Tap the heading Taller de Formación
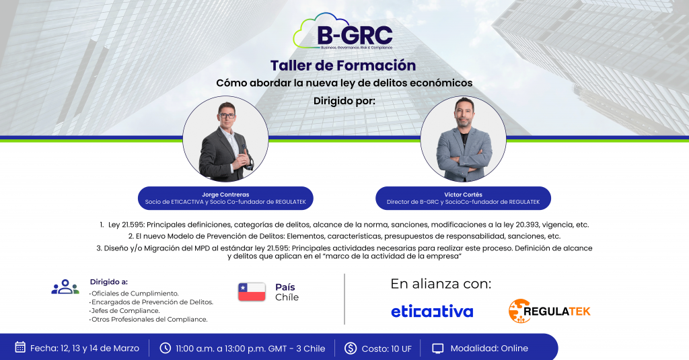click(x=343, y=65)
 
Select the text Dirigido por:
click(x=344, y=102)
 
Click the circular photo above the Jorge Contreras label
click(x=225, y=139)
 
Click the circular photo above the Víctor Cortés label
click(x=464, y=139)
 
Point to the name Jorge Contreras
click(x=225, y=194)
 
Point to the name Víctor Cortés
click(x=464, y=194)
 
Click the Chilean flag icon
click(x=252, y=292)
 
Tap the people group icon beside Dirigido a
click(x=65, y=287)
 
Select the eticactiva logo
click(x=432, y=312)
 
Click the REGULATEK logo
click(x=549, y=311)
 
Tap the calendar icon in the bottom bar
click(x=20, y=348)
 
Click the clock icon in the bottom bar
click(x=166, y=348)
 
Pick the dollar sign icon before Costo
click(x=351, y=348)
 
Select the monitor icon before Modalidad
click(x=438, y=348)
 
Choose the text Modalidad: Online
click(x=489, y=348)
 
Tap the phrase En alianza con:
click(x=441, y=284)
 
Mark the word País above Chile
click(x=285, y=287)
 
